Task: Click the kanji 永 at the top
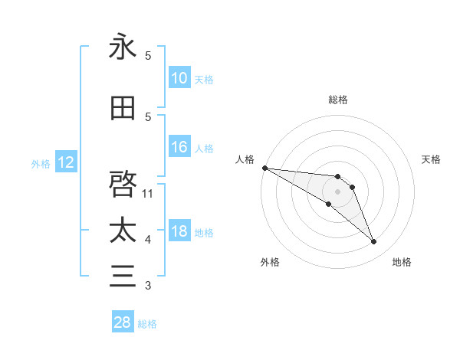123,47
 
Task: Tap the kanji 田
123,109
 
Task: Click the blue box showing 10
179,78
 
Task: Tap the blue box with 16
179,147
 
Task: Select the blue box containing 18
179,232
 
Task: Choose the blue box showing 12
66,162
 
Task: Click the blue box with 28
123,322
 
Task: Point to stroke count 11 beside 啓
148,193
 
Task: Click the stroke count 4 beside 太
148,240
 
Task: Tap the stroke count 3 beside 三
148,286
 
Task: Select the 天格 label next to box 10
204,79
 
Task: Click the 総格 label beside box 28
147,323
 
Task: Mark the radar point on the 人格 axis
264,168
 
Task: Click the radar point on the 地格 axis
374,242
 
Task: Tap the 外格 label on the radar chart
270,262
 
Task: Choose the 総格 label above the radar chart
337,100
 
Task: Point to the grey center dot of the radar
337,191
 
